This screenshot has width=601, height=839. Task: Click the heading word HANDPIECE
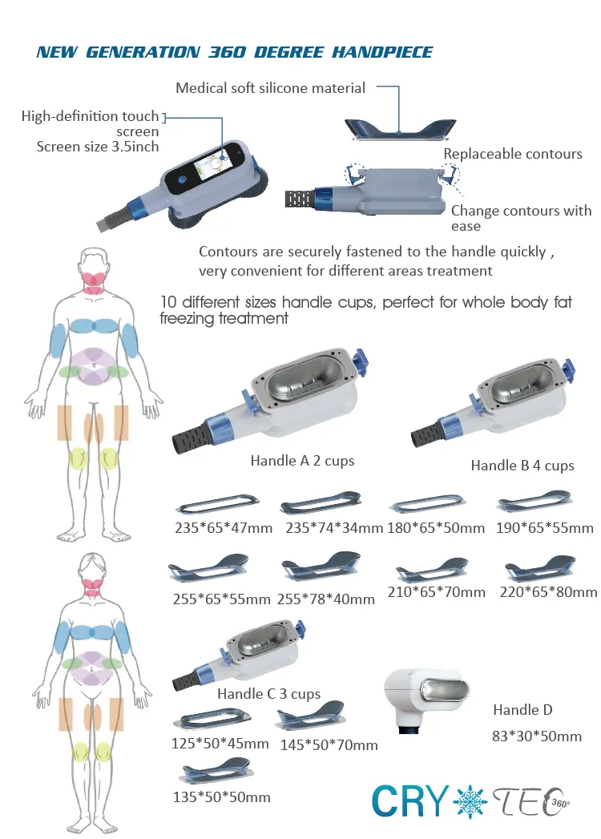point(382,52)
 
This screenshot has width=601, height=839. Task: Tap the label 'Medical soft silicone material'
point(270,88)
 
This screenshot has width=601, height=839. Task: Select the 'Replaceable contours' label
point(513,154)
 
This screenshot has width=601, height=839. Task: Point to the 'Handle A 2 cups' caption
point(302,461)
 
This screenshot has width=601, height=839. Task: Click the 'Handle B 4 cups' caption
point(522,466)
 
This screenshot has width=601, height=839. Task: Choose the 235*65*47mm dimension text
point(224,528)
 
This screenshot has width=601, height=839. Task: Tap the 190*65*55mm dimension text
point(545,528)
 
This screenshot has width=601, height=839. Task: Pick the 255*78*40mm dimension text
point(326,599)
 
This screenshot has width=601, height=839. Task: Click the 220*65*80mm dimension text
point(549,592)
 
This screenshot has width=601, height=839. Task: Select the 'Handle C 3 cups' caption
point(268,694)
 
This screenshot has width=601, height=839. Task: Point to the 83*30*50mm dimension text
point(537,736)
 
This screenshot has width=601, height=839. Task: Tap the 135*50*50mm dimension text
point(221,797)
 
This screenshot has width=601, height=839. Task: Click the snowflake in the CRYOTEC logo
point(470,801)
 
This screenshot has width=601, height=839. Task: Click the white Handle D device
point(426,698)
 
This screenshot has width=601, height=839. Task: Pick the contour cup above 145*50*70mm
point(310,716)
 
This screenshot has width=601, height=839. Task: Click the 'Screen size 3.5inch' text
point(98,147)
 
